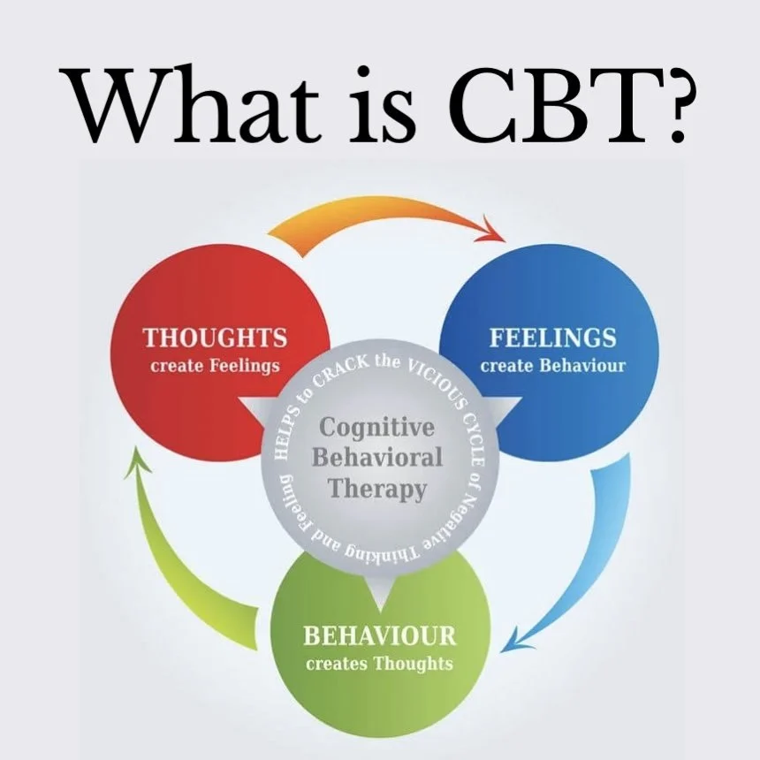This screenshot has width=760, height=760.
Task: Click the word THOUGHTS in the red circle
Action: click(x=215, y=338)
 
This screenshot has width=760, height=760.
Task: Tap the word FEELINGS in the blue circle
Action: click(x=552, y=338)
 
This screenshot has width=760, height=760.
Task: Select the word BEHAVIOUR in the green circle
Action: click(x=379, y=636)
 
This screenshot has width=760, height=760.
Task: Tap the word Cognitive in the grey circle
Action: click(x=376, y=428)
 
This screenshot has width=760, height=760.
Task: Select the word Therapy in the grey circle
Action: click(x=377, y=489)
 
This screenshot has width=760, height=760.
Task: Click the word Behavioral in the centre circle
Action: click(x=377, y=458)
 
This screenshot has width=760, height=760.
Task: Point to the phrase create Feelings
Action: click(x=215, y=365)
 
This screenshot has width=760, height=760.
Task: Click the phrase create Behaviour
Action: click(x=552, y=365)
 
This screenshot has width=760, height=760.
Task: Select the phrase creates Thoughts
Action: click(x=379, y=664)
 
